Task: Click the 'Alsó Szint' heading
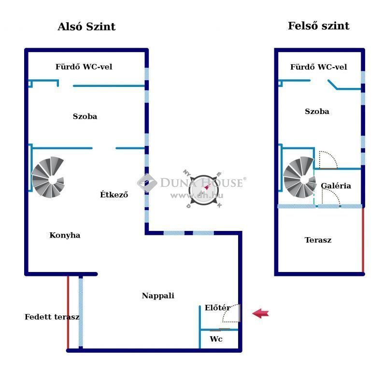(86, 27)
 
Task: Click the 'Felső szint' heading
(318, 26)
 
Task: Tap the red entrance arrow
(260, 313)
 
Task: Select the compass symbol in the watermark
(204, 189)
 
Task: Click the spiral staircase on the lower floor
(48, 177)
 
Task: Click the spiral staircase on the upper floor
(300, 177)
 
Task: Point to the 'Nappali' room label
(158, 296)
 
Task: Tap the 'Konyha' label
(65, 235)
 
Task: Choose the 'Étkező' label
(114, 194)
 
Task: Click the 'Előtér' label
(217, 308)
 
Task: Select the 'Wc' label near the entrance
(216, 339)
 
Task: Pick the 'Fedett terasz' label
(52, 317)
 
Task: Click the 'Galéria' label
(336, 185)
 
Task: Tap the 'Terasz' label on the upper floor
(318, 240)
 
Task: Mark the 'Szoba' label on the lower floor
(85, 116)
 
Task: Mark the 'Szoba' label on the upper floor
(317, 112)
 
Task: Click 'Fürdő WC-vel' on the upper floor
(318, 67)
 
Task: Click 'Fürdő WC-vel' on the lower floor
(84, 67)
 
